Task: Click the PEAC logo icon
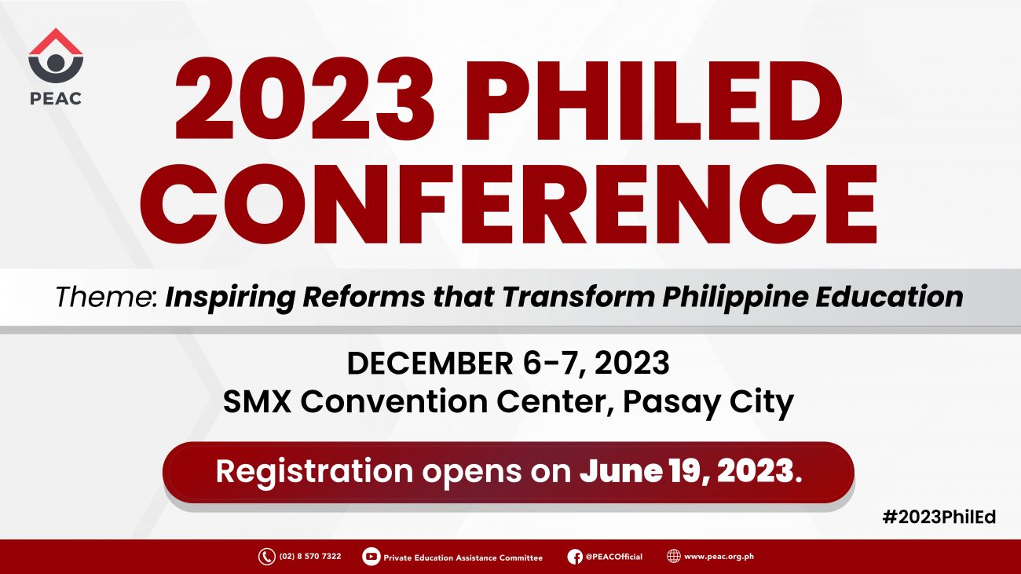[x=56, y=55]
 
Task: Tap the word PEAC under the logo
[x=56, y=98]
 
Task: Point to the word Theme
[x=107, y=297]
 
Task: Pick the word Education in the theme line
[x=889, y=297]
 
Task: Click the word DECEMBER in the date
[x=430, y=364]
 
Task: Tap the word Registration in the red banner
[x=314, y=471]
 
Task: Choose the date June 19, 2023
[x=690, y=471]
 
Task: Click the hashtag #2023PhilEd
[x=939, y=517]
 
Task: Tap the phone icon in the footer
[x=267, y=556]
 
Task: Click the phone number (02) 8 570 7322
[x=310, y=556]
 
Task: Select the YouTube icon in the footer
[x=371, y=556]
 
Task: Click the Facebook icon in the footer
[x=575, y=557]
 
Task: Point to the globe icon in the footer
[x=674, y=556]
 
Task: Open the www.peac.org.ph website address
[x=719, y=557]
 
